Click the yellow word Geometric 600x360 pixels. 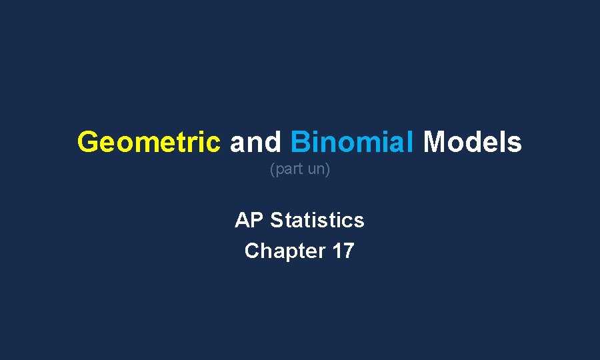[149, 142]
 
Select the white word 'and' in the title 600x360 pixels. [256, 142]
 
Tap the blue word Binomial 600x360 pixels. [352, 142]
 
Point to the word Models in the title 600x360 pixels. [472, 142]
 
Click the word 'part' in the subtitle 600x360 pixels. [287, 170]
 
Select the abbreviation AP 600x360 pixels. [249, 220]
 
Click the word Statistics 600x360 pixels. [317, 220]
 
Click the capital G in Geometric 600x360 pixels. [87, 142]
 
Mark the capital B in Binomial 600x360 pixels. [299, 142]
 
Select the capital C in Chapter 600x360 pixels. [252, 251]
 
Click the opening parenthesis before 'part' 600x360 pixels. [271, 170]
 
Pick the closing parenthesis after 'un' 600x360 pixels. [328, 170]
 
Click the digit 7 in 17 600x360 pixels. [348, 251]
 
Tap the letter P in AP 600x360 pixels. [257, 220]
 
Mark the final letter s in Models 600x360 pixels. [515, 142]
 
